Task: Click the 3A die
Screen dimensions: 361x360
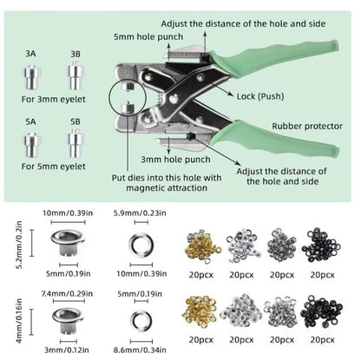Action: click(31, 77)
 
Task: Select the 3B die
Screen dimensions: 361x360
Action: click(75, 75)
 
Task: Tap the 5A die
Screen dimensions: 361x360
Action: click(31, 145)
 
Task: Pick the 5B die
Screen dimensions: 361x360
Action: click(75, 143)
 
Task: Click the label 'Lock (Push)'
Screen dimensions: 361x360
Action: click(260, 96)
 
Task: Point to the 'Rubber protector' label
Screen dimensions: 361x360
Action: click(307, 127)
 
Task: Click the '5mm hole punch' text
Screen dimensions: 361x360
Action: click(148, 37)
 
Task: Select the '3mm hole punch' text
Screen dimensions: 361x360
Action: click(175, 160)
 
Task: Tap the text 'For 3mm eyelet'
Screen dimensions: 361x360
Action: click(54, 100)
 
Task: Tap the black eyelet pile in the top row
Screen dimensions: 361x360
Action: click(321, 245)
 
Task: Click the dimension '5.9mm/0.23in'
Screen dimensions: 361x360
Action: click(140, 213)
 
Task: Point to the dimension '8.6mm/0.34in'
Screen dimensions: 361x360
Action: click(140, 350)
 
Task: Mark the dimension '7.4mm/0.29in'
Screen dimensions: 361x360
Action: click(67, 294)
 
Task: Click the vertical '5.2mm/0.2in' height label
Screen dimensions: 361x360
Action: click(19, 245)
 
